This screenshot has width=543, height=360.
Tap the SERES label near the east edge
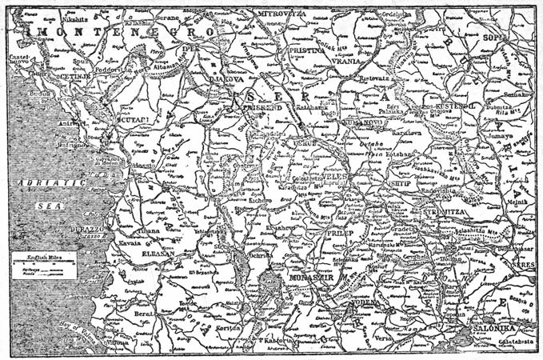pyautogui.click(x=523, y=263)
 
